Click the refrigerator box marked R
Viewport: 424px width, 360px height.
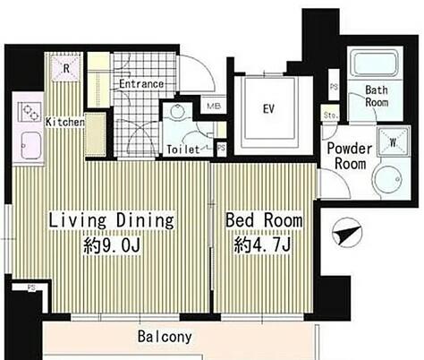pyautogui.click(x=66, y=68)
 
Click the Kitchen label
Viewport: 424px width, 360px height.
pyautogui.click(x=65, y=122)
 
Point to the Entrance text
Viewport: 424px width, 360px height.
pyautogui.click(x=141, y=84)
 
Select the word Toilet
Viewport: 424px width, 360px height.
pyautogui.click(x=183, y=150)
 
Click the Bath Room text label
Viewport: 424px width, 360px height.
pyautogui.click(x=384, y=97)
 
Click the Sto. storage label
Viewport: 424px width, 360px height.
pyautogui.click(x=330, y=115)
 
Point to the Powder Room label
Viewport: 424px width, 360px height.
pyautogui.click(x=349, y=157)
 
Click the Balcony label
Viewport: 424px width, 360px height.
pyautogui.click(x=165, y=338)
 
